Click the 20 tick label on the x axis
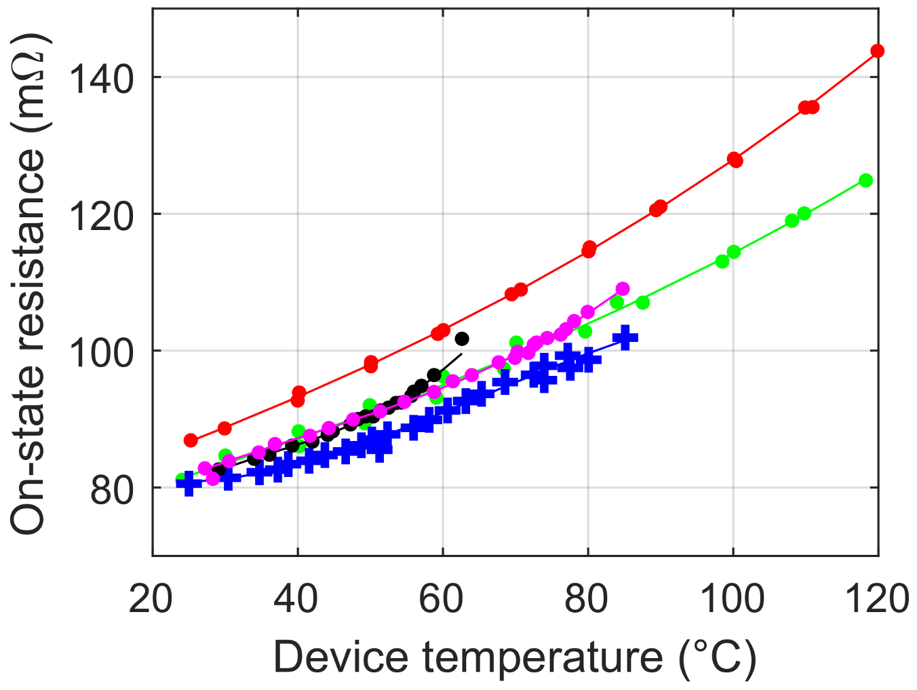152,598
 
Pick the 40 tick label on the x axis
297,598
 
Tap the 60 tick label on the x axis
442,598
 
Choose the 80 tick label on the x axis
587,598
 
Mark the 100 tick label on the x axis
733,598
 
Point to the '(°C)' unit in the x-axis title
717,657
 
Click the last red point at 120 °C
877,51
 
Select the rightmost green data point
865,180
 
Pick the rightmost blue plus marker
625,337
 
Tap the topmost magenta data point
623,289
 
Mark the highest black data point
462,339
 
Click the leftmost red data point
191,440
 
